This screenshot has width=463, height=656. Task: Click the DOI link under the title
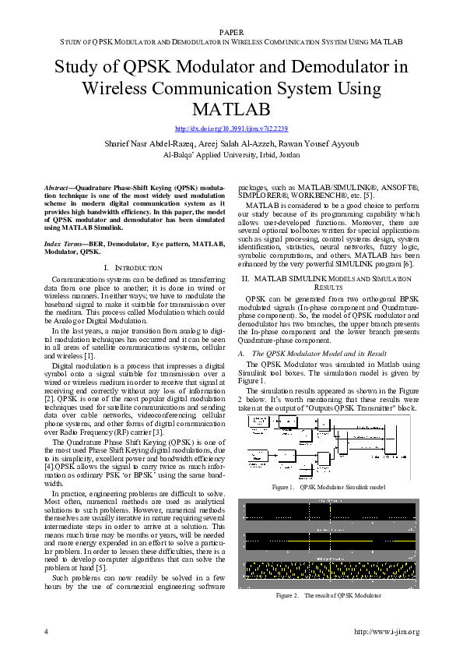[231, 129]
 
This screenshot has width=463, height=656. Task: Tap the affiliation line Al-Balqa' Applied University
[231, 154]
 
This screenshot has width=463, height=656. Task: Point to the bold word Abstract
[57, 189]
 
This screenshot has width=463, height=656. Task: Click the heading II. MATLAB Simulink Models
[322, 278]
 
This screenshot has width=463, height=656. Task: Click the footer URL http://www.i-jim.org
[386, 631]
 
